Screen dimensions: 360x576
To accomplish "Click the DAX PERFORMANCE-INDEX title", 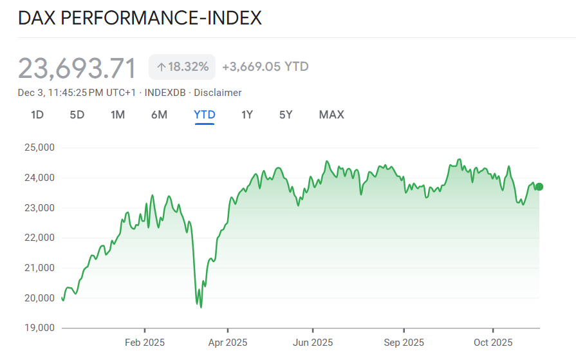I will click(140, 17).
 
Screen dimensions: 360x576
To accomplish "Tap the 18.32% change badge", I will click(183, 66).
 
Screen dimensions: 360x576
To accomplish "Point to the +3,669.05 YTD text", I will click(265, 66).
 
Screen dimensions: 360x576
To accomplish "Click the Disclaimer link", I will click(218, 93).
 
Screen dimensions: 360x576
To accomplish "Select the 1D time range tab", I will click(37, 115).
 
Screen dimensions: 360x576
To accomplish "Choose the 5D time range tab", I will click(77, 115).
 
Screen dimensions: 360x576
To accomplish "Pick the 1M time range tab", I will click(118, 115).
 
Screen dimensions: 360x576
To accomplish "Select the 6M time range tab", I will click(159, 115).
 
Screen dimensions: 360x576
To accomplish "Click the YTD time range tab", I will click(205, 115).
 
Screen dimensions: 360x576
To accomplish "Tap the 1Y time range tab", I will click(247, 115).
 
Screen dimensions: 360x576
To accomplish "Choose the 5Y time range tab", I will click(286, 115).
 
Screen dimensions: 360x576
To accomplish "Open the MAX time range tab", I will click(331, 115).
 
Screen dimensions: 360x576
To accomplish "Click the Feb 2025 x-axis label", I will click(145, 343).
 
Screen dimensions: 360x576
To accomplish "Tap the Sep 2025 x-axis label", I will click(404, 343).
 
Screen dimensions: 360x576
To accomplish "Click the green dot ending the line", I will click(539, 187).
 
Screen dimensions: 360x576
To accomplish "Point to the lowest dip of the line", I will click(201, 307).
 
